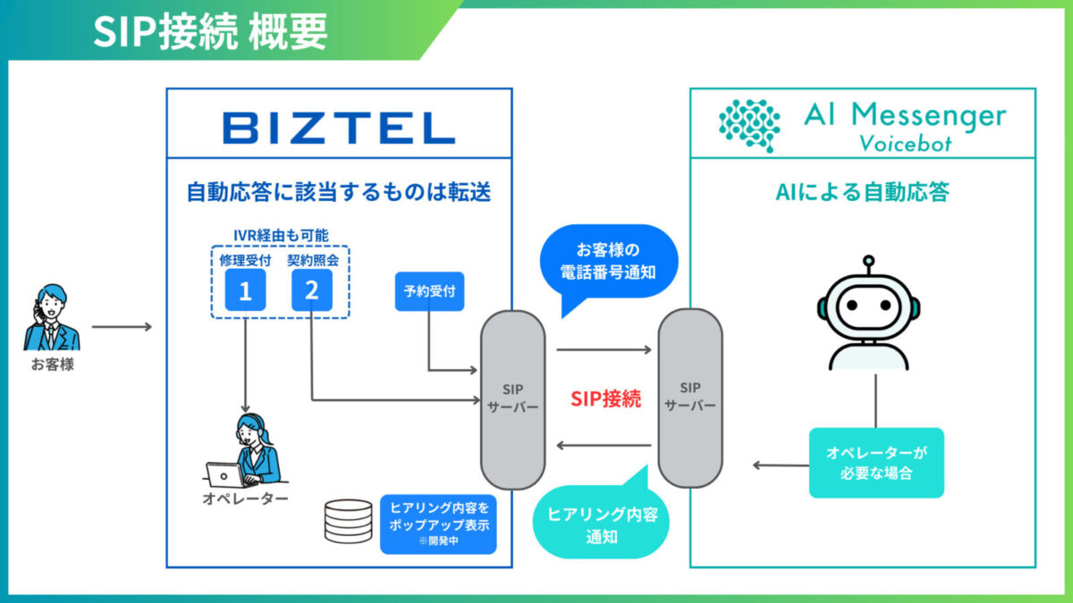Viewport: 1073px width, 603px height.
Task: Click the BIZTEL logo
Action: [x=339, y=128]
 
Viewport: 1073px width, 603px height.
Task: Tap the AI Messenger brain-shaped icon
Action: [x=749, y=123]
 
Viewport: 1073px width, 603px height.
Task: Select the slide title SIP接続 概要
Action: [x=211, y=32]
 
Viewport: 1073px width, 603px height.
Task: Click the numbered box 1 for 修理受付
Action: [x=245, y=291]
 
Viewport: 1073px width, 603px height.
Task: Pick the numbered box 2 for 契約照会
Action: [x=311, y=291]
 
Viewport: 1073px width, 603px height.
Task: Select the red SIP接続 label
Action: [x=606, y=399]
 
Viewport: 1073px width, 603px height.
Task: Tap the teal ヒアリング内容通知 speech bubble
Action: [x=601, y=524]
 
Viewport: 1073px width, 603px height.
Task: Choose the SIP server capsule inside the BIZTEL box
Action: [x=513, y=398]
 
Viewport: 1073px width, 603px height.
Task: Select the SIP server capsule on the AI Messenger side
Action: [x=690, y=398]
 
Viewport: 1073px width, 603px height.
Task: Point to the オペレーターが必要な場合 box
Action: [x=876, y=463]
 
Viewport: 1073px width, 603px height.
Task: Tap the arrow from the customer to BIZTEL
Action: [x=123, y=327]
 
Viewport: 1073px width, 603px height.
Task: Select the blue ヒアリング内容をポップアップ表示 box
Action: [x=438, y=524]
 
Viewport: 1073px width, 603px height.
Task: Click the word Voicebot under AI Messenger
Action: [x=905, y=144]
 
